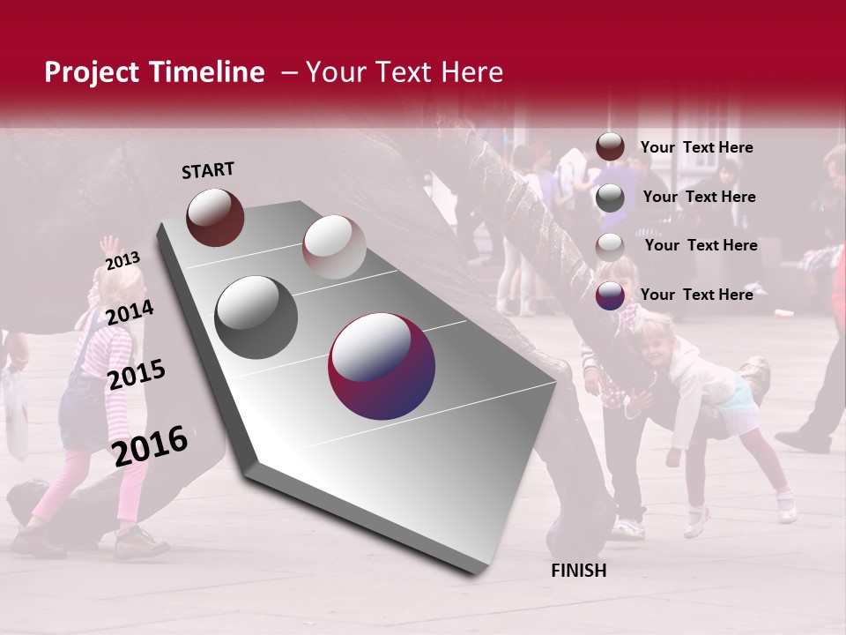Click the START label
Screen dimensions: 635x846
point(208,170)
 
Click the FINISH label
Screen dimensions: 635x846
point(578,571)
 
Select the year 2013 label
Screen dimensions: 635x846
point(122,261)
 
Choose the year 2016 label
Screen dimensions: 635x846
point(150,445)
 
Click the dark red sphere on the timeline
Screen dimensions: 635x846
point(215,217)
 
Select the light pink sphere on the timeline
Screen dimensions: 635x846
point(334,247)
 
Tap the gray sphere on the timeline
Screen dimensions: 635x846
point(256,317)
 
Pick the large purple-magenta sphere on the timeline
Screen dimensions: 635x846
point(382,366)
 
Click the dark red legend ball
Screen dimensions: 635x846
point(610,147)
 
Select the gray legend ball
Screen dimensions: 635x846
point(610,198)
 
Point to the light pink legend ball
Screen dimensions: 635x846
point(610,247)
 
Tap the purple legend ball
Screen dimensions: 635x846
point(610,295)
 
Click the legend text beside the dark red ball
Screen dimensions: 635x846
point(696,147)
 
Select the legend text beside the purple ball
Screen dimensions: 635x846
point(696,295)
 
